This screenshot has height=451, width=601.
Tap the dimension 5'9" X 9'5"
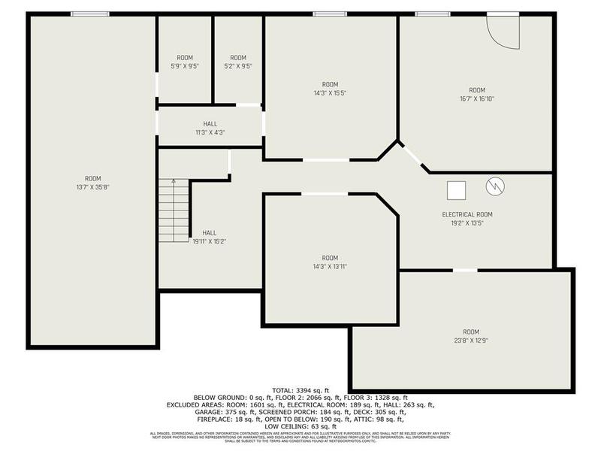point(184,66)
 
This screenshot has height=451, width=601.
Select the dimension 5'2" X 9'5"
point(237,66)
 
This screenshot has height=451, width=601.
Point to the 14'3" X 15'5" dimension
point(330,93)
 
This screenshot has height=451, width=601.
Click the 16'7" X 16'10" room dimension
point(477,98)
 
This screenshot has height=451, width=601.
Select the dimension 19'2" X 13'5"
point(467,223)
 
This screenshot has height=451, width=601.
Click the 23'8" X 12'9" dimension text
point(470,341)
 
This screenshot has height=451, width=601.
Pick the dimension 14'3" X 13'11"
point(330,266)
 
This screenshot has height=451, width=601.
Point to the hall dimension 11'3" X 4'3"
point(210,132)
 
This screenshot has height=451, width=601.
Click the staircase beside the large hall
point(174,214)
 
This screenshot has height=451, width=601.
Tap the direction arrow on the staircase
point(174,183)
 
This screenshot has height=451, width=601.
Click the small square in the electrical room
point(456,190)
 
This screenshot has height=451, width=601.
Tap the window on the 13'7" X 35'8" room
point(89,14)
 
